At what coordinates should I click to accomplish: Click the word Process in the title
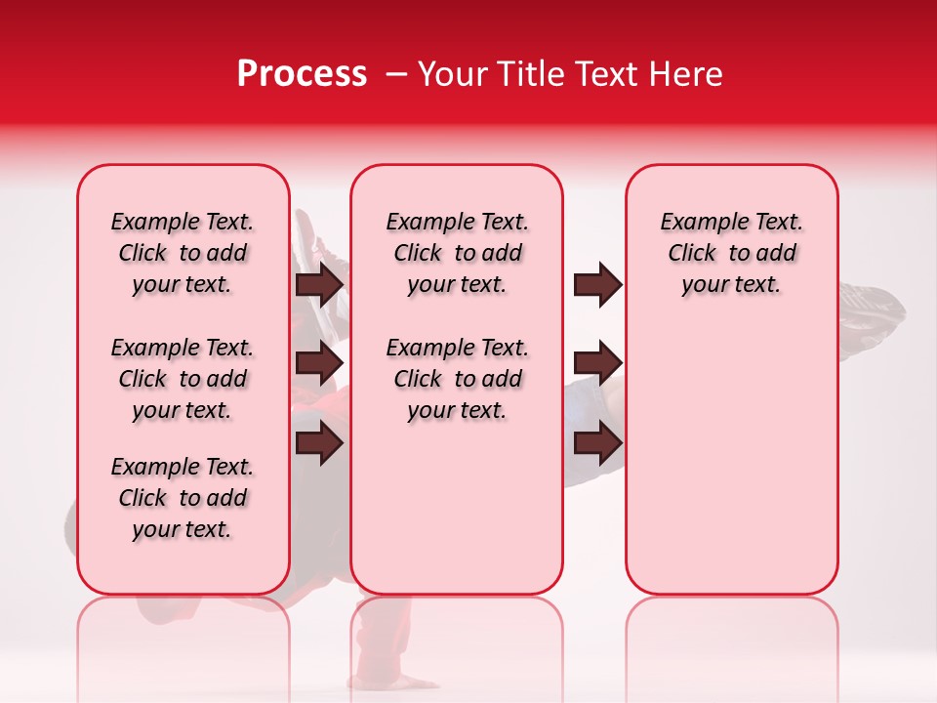(x=302, y=74)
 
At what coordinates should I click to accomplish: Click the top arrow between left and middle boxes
(x=319, y=284)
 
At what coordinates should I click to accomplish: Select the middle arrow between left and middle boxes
(x=319, y=363)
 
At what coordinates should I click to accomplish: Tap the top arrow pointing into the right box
(x=597, y=284)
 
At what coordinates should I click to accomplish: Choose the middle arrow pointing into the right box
(x=597, y=363)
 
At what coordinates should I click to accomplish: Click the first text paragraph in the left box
(x=183, y=253)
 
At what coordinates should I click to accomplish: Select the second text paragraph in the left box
(x=183, y=379)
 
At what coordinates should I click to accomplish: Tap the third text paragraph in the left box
(x=183, y=498)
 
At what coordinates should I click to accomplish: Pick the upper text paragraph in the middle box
(x=457, y=253)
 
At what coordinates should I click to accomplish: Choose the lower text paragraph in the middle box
(x=457, y=379)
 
